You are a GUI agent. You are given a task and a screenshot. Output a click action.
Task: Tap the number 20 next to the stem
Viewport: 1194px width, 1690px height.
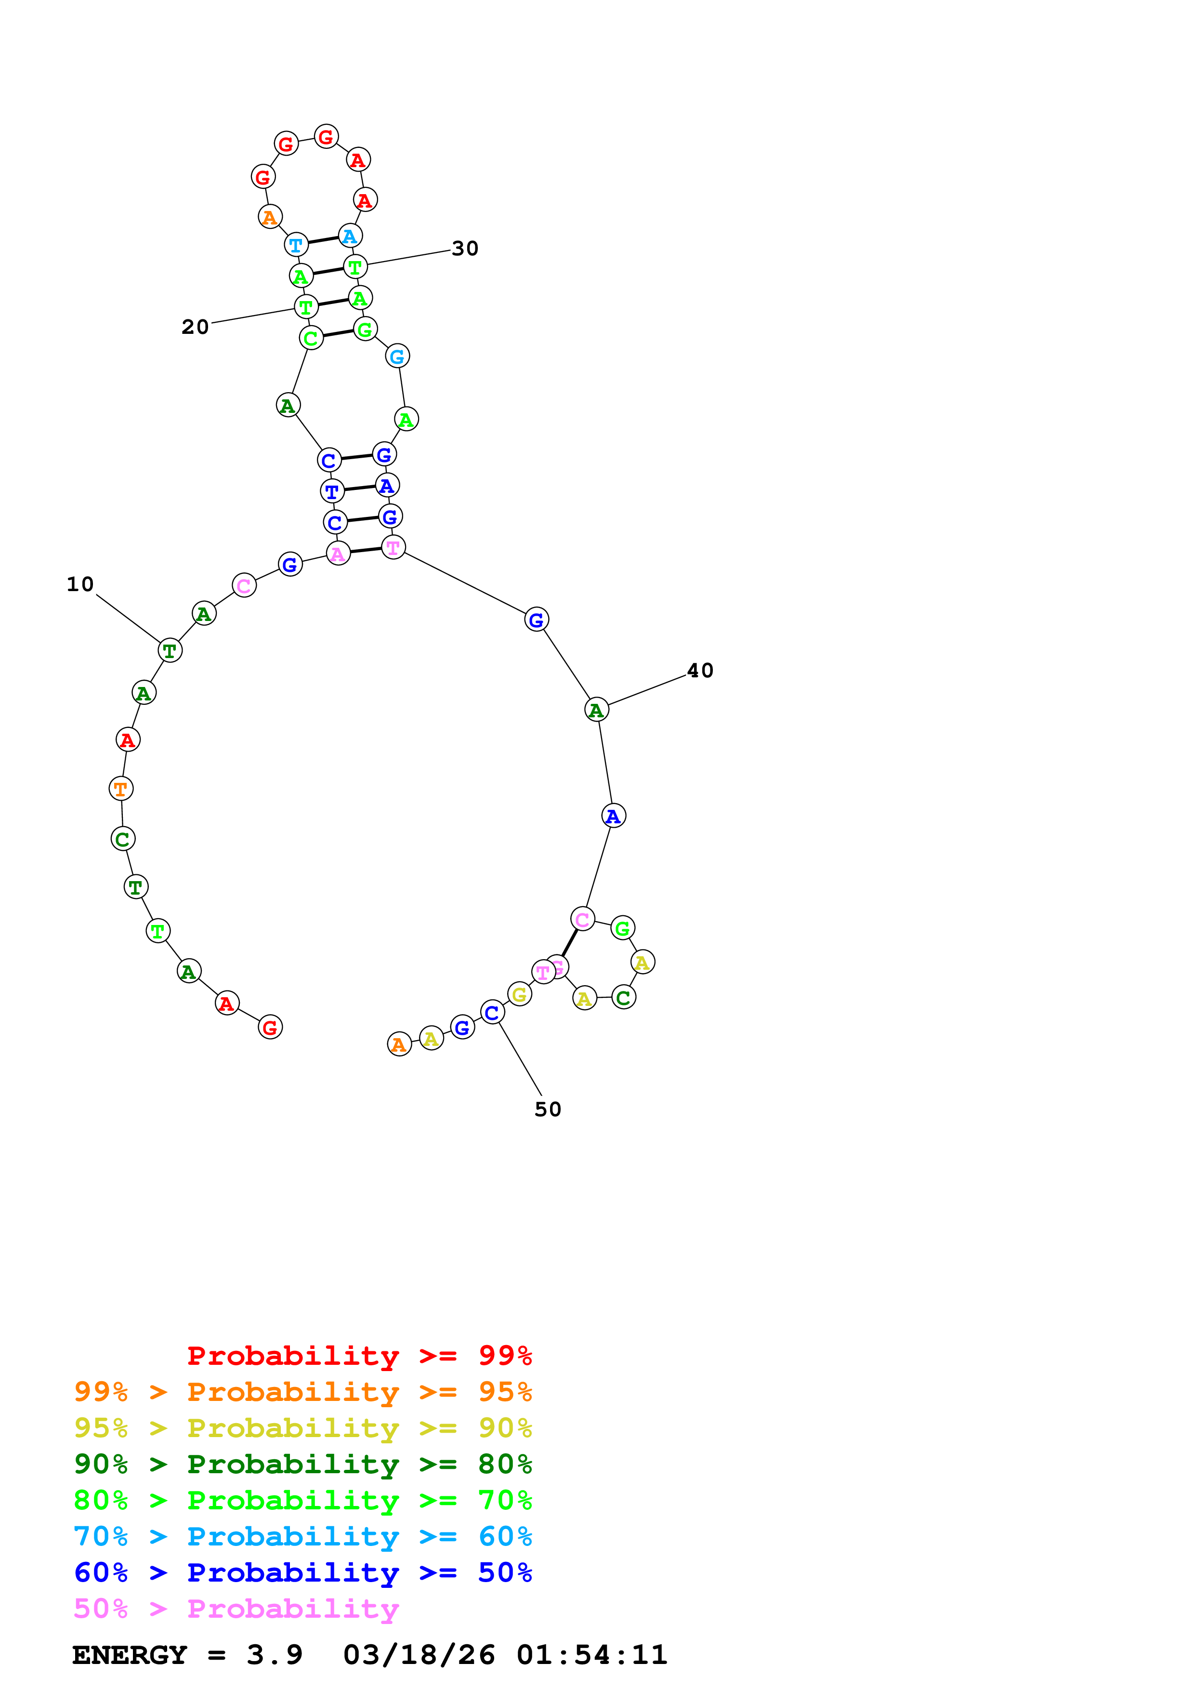pyautogui.click(x=195, y=327)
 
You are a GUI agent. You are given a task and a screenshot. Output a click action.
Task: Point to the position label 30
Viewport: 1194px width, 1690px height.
pyautogui.click(x=465, y=249)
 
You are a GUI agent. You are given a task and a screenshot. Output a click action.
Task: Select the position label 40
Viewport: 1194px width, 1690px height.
pyautogui.click(x=700, y=671)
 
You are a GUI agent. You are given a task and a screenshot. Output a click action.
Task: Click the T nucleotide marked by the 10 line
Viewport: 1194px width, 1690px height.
pyautogui.click(x=170, y=651)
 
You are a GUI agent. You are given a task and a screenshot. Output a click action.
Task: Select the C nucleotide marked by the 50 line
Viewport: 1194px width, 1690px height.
pyautogui.click(x=492, y=1013)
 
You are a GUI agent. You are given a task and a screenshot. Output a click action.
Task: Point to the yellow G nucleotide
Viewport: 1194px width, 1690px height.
pyautogui.click(x=519, y=994)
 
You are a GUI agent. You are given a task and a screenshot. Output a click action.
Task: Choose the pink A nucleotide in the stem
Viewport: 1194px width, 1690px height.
pyautogui.click(x=338, y=554)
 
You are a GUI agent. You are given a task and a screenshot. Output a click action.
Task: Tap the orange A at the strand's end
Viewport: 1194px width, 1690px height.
pyautogui.click(x=399, y=1044)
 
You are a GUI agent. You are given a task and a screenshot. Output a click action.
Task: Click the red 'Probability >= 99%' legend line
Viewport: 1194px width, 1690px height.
pyautogui.click(x=359, y=1355)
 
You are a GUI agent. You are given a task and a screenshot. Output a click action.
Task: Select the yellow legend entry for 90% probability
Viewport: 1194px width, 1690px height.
pyautogui.click(x=302, y=1427)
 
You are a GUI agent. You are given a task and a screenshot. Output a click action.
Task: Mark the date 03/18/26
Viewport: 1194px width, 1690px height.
pyautogui.click(x=419, y=1655)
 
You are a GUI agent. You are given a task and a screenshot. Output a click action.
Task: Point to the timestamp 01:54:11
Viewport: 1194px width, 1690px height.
pyautogui.click(x=591, y=1655)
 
